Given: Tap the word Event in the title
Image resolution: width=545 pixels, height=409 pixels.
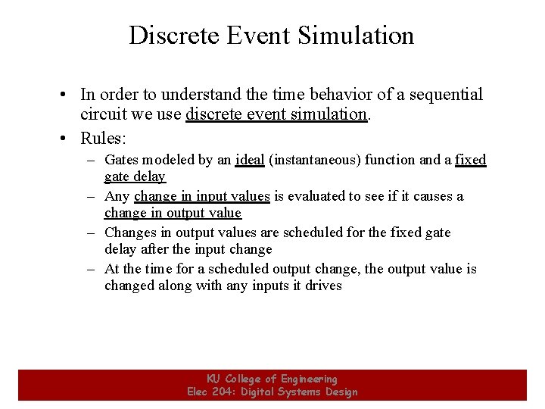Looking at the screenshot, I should tap(257, 36).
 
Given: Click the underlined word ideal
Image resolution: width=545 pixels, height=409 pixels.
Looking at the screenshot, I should tap(250, 160).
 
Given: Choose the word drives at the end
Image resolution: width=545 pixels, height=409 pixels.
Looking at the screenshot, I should tap(325, 286).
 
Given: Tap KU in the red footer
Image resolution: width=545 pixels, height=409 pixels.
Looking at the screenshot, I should tap(214, 379).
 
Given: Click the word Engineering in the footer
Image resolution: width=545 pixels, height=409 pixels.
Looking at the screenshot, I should tap(309, 379).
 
